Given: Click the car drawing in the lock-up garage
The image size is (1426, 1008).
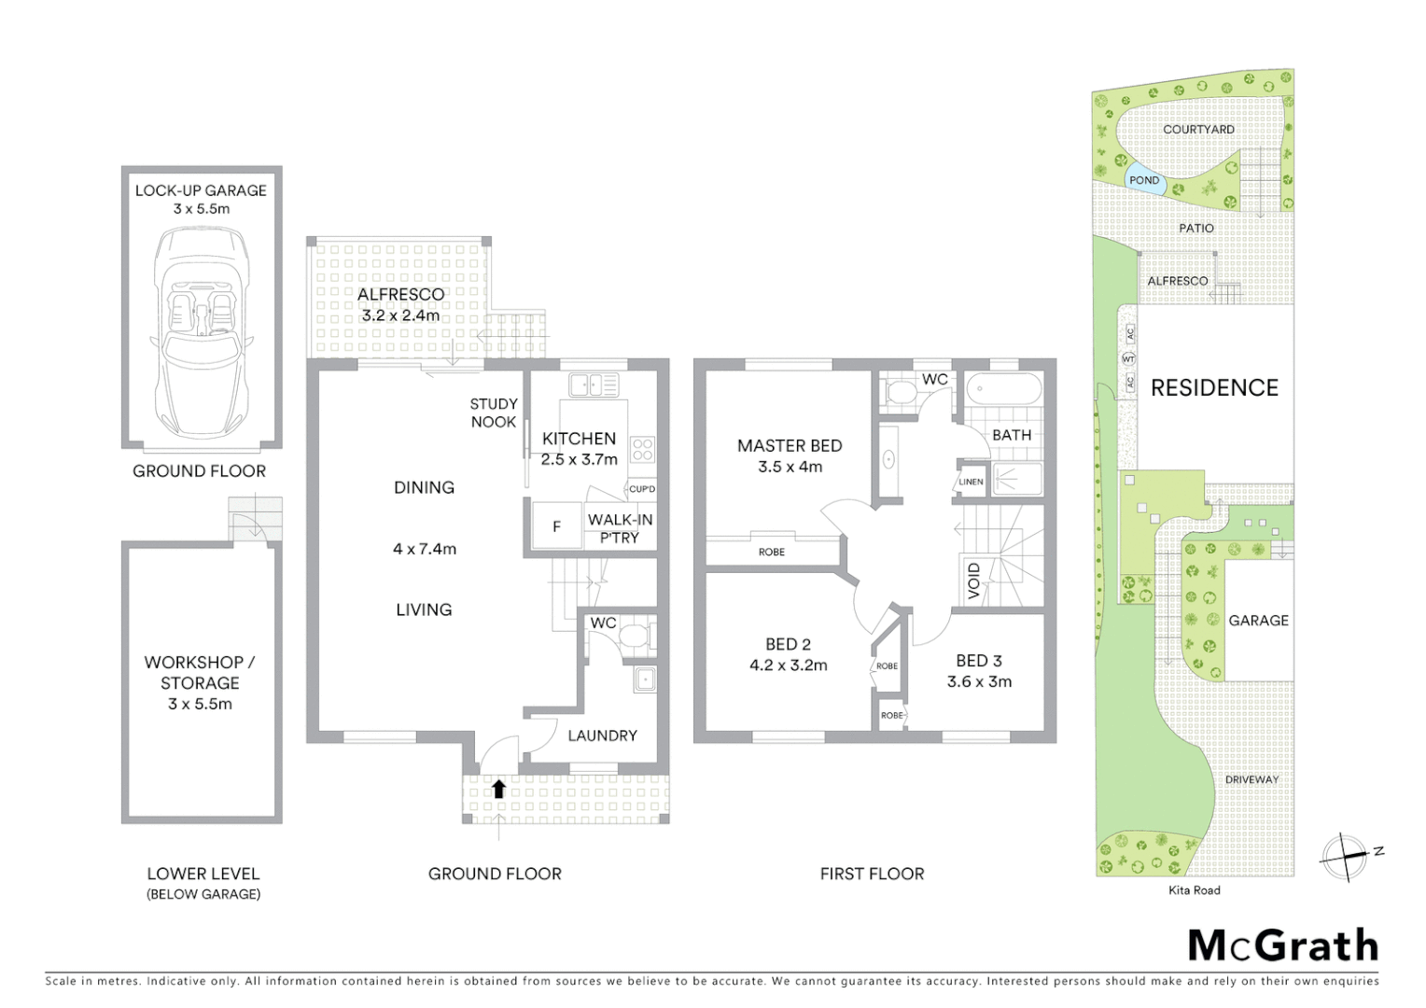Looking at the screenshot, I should coord(201,331).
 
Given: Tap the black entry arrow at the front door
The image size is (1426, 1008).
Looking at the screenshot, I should coord(498,789).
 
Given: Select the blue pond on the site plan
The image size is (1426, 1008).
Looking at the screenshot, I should coord(1145,180).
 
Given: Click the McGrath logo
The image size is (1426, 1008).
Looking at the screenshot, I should coord(1282,945).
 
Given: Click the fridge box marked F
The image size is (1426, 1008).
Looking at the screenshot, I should coord(556,526).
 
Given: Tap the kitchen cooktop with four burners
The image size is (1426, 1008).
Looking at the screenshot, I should coord(642,450).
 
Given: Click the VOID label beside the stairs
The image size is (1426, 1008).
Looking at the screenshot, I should coord(974,581).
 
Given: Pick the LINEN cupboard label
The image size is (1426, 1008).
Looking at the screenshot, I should coord(971,482).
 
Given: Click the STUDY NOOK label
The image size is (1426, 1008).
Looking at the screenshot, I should coord(493,413).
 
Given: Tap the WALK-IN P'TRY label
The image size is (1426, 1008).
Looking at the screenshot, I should coord(620,528).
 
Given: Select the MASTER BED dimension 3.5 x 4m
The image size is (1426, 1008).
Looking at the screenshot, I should coord(790,467).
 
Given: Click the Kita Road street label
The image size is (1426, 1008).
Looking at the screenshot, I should coord(1194,890).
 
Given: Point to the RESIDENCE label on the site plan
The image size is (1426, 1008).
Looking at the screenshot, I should coord(1214,387).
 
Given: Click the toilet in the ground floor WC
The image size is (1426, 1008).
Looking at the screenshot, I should coord(637,637).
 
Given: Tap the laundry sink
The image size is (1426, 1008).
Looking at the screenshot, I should coord(645,679).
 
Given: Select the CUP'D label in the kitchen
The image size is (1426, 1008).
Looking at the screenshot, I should coord(642,489).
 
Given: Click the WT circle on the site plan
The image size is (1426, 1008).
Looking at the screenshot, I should coord(1128,359).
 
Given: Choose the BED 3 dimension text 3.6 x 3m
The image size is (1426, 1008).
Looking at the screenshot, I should coord(979,681).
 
